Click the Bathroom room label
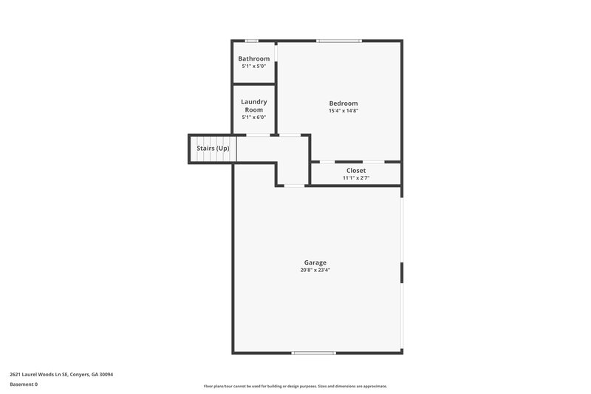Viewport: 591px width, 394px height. (x=253, y=58)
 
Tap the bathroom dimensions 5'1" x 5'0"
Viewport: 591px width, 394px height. (x=253, y=66)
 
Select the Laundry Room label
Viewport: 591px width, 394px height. (x=253, y=106)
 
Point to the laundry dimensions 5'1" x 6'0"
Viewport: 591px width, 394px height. (x=253, y=117)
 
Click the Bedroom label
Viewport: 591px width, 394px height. (x=344, y=103)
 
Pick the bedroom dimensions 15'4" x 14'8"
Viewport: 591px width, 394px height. (x=344, y=111)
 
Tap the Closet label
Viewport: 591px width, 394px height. (x=356, y=170)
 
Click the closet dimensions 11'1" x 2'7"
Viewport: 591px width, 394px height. (x=356, y=178)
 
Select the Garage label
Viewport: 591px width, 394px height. (x=315, y=262)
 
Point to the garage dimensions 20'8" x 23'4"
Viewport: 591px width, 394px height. (x=315, y=271)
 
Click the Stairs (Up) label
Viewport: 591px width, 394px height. (x=213, y=149)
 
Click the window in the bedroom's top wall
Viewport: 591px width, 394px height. (x=339, y=41)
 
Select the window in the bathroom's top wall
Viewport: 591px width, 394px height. (x=252, y=41)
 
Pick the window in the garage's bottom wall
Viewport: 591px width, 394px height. (x=314, y=353)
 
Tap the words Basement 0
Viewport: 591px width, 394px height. (x=24, y=384)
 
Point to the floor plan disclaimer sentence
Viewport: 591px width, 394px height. (x=295, y=386)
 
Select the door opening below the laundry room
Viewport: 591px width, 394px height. (x=257, y=135)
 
